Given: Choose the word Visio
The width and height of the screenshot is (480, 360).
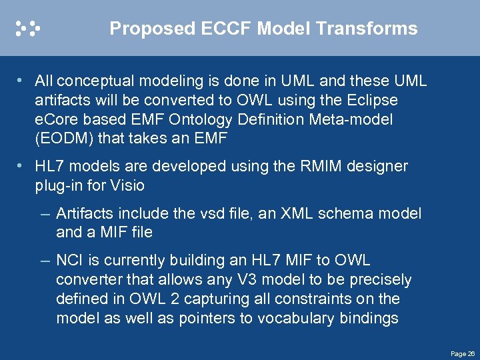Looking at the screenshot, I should pyautogui.click(x=127, y=185).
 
